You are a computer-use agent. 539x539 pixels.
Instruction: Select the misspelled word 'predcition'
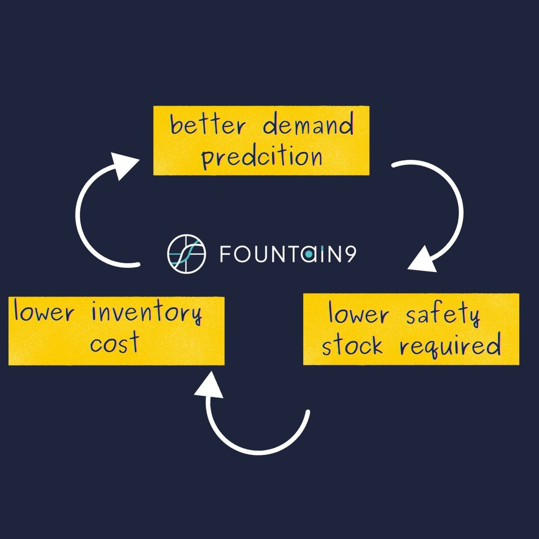(261, 158)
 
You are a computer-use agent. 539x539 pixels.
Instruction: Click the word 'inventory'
(146, 313)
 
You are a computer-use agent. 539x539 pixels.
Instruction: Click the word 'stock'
(353, 346)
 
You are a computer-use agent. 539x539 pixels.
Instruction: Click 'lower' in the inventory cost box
(43, 313)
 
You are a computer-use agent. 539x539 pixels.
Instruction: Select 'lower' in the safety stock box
(358, 314)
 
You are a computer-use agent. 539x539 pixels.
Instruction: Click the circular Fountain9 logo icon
(186, 253)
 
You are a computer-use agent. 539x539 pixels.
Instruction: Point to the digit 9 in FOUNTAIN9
(351, 254)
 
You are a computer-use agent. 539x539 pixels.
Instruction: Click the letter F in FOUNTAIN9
(225, 254)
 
